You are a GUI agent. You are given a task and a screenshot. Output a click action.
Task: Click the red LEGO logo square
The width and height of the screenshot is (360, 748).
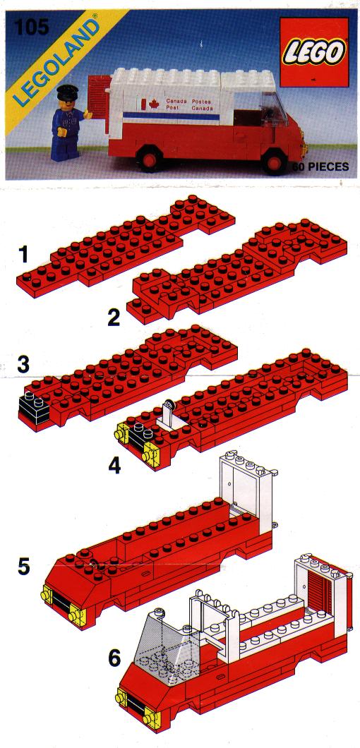314,52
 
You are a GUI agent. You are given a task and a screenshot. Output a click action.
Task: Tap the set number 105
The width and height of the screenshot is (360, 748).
32,27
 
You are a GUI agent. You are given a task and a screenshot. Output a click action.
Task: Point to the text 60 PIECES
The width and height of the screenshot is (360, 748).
321,167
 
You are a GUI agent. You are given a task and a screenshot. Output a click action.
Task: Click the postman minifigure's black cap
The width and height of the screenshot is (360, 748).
66,90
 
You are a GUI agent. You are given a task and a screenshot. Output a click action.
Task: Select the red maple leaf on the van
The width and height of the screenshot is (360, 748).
153,103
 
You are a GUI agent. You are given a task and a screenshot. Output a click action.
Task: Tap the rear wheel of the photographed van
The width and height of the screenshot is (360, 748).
150,159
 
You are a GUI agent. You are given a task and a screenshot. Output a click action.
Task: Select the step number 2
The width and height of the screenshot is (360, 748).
114,318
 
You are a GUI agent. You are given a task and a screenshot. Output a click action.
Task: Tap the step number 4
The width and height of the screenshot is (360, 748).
114,466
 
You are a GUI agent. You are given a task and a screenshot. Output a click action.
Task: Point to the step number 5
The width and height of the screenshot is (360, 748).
23,568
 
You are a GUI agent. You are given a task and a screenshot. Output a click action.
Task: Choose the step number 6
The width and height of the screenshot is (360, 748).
114,659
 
